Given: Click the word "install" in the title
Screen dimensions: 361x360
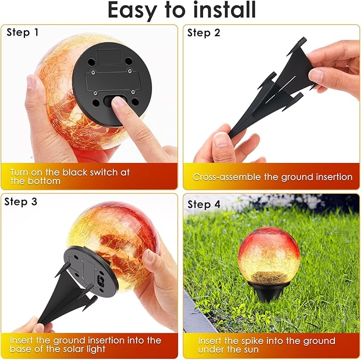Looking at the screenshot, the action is pyautogui.click(x=224, y=10).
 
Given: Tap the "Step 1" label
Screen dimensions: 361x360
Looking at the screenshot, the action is pyautogui.click(x=22, y=32).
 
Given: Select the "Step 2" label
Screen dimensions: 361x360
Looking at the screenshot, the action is pyautogui.click(x=204, y=33).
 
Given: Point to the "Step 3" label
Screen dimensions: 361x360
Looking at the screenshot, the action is pyautogui.click(x=21, y=202).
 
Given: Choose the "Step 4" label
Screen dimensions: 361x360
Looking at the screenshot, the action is pyautogui.click(x=204, y=204).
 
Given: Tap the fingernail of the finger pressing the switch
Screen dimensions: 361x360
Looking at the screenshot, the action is pyautogui.click(x=119, y=101).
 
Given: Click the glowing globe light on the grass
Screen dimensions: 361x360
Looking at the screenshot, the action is pyautogui.click(x=269, y=259).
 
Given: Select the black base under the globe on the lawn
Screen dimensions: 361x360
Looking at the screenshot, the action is pyautogui.click(x=268, y=291).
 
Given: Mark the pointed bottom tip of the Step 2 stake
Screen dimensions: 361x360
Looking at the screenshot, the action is pyautogui.click(x=230, y=137).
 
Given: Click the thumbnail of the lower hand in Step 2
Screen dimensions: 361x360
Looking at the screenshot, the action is pyautogui.click(x=222, y=140).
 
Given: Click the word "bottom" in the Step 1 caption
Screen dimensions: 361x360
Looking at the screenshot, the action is pyautogui.click(x=44, y=181).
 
